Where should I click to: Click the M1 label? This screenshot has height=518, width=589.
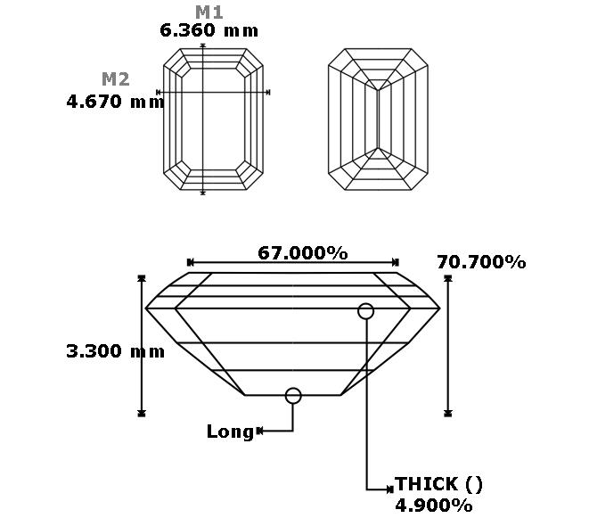[209, 12]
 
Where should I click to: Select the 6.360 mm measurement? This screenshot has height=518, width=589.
[209, 30]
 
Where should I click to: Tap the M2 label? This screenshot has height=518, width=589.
[116, 79]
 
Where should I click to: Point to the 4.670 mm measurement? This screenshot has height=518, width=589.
[115, 102]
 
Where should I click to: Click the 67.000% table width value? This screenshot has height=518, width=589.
[302, 253]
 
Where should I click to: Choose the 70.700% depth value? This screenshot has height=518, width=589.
[481, 262]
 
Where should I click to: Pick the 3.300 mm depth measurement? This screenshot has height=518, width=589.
[115, 351]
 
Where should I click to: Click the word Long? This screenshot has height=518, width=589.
[230, 432]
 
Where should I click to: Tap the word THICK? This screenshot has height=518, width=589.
[426, 484]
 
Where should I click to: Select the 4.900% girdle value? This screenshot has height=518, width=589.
[434, 506]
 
